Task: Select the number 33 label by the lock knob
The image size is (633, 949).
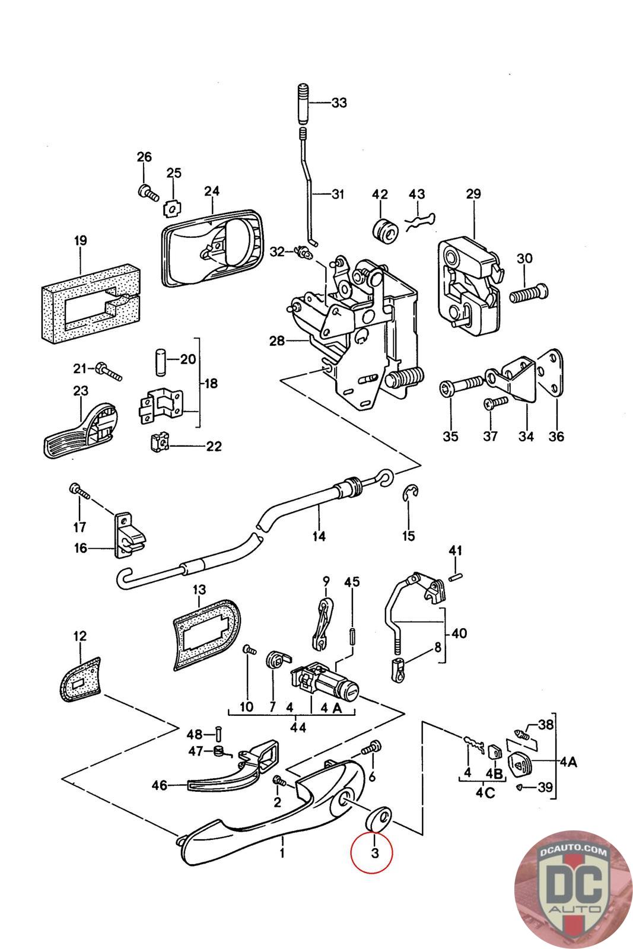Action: (339, 103)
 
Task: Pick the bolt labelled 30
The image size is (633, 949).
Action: (528, 292)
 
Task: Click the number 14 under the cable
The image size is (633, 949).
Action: (319, 536)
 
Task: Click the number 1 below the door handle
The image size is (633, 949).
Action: (282, 855)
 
